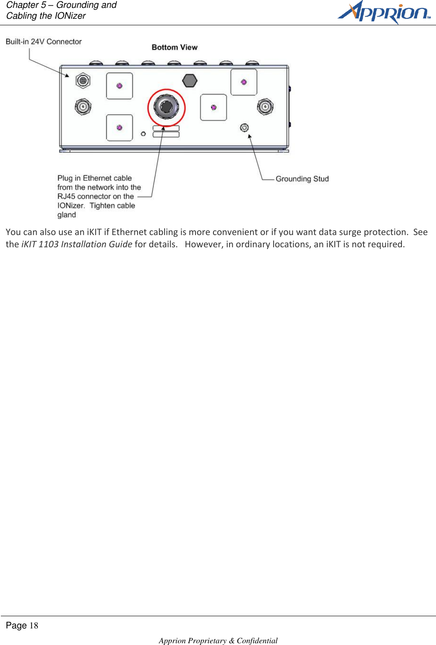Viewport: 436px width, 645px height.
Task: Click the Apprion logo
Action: (384, 12)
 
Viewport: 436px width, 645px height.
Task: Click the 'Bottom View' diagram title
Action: (175, 47)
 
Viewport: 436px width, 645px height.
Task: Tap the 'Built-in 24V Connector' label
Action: (44, 41)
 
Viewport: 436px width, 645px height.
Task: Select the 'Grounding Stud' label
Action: (302, 179)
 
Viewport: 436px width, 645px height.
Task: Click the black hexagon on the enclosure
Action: (190, 81)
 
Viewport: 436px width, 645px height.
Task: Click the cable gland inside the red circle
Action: (166, 107)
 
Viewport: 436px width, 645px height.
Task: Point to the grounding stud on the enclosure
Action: (244, 127)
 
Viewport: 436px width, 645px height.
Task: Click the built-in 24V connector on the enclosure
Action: (83, 81)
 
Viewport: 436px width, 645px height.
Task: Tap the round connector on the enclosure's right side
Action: (265, 106)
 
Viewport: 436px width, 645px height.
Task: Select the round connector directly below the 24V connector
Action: (83, 106)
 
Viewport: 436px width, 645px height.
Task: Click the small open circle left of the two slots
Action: (143, 134)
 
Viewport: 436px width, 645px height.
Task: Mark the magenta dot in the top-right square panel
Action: (244, 82)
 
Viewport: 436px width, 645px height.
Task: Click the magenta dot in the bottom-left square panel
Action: (120, 128)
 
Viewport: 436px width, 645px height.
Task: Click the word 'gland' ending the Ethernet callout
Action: (67, 215)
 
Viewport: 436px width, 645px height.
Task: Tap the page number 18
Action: (34, 626)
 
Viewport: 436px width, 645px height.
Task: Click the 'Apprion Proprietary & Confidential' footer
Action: (218, 640)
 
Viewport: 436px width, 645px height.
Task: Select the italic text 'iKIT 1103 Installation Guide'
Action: (77, 244)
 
